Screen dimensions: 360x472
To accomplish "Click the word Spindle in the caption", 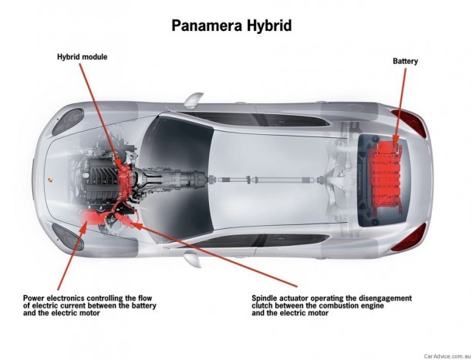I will (268, 297).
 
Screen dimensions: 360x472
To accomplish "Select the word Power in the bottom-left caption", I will (35, 297).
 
